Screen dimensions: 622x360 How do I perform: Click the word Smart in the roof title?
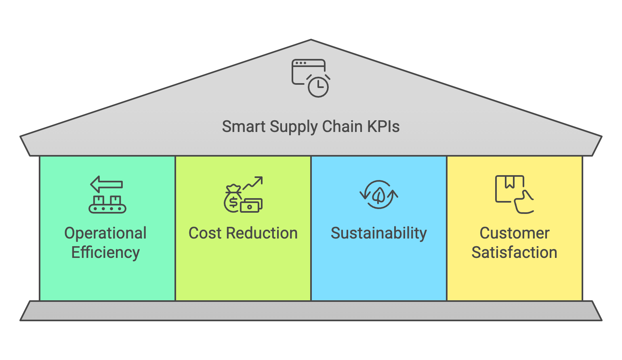click(244, 127)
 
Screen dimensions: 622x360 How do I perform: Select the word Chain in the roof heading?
click(342, 127)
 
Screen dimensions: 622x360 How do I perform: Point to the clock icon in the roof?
click(318, 86)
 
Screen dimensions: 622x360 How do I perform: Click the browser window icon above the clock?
click(308, 71)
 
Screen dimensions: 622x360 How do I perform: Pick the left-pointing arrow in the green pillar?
click(106, 184)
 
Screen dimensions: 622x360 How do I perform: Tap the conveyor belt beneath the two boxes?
click(107, 209)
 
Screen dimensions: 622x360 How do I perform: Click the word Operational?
click(105, 233)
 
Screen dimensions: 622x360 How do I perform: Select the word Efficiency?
click(105, 253)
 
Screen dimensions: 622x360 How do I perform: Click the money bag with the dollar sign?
click(233, 199)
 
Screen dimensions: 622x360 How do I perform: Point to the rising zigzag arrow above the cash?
click(253, 183)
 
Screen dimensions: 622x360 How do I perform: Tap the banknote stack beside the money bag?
click(251, 205)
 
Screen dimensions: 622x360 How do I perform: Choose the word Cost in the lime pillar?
click(205, 233)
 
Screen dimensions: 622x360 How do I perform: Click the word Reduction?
click(262, 233)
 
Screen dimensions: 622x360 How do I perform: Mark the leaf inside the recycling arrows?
click(378, 195)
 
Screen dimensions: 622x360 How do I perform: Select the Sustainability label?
click(379, 234)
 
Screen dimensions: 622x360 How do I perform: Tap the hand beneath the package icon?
click(524, 203)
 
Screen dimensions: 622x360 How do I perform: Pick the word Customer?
click(515, 233)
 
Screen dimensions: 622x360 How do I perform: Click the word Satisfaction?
click(515, 253)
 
